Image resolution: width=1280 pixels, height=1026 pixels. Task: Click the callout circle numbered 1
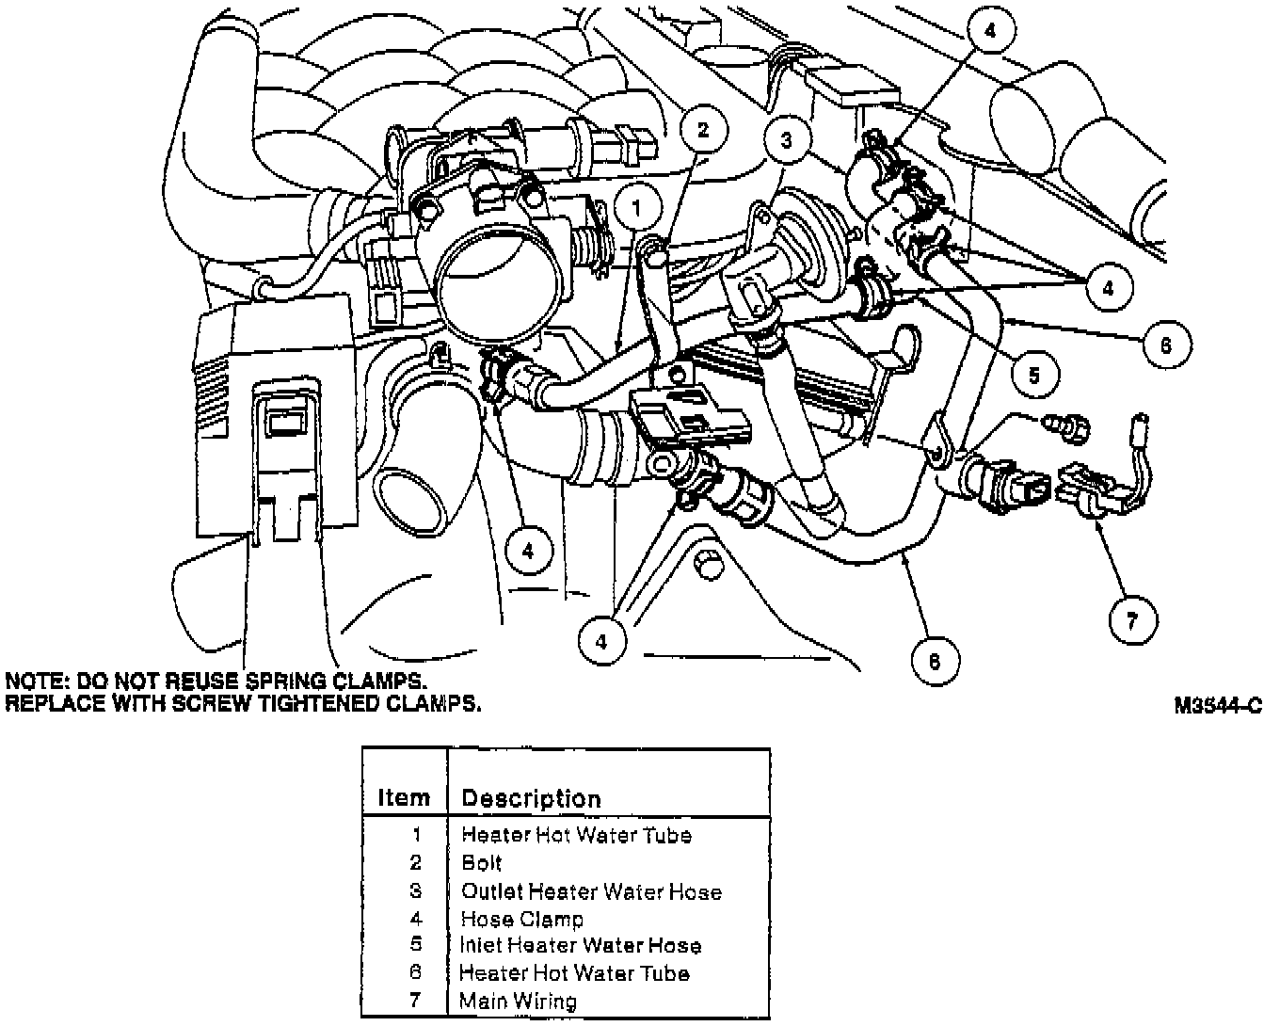tap(639, 207)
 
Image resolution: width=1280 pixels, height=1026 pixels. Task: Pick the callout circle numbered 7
tap(1132, 619)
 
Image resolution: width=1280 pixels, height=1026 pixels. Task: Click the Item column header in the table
tap(404, 798)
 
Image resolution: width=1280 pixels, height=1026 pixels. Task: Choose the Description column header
tap(531, 799)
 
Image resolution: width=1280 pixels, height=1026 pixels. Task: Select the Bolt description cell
tap(482, 862)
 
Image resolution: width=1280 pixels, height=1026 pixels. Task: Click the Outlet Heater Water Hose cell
tap(591, 890)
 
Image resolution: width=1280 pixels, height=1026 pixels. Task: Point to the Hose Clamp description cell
tap(522, 919)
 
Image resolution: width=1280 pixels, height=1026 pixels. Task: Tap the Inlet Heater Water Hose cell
tap(581, 945)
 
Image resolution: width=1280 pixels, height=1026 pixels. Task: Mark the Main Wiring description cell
tap(519, 1001)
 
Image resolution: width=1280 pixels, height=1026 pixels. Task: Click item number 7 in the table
tap(415, 1000)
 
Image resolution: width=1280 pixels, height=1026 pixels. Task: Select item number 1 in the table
tap(416, 834)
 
